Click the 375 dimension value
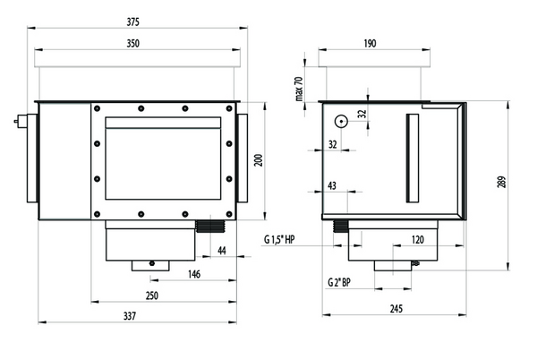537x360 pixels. (x=132, y=22)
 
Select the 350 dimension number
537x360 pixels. (x=132, y=44)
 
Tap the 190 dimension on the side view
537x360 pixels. (x=370, y=44)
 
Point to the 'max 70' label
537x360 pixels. (x=299, y=89)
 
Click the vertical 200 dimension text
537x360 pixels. (x=259, y=160)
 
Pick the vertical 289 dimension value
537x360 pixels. (x=500, y=182)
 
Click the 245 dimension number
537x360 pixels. (x=396, y=309)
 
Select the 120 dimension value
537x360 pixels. (x=417, y=240)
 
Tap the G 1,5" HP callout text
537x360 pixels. (x=279, y=240)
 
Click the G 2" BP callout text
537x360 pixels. (x=339, y=283)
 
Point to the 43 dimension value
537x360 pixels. (x=332, y=186)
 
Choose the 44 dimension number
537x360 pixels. (x=222, y=251)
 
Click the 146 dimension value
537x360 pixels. (x=194, y=274)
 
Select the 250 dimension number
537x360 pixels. (x=152, y=296)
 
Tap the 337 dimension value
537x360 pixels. (x=130, y=316)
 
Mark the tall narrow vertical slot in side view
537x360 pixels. (x=413, y=158)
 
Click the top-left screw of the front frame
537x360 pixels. (x=97, y=108)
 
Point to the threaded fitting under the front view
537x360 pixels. (x=209, y=227)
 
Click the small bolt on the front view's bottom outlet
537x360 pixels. (x=152, y=263)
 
